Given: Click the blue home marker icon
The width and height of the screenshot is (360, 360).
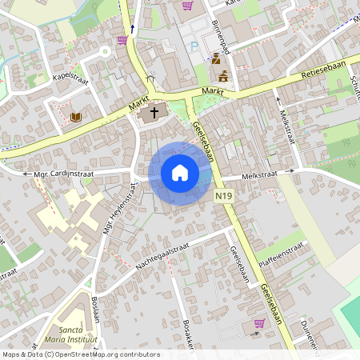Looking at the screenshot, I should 180,173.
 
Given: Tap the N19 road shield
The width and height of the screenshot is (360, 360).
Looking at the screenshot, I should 225,194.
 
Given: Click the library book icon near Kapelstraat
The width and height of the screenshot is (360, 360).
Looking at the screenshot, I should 76,117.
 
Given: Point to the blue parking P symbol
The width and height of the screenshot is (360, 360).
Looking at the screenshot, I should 194,46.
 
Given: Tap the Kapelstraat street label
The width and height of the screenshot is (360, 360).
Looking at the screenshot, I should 70,81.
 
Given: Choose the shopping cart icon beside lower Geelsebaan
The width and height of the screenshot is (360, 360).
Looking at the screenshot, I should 259,323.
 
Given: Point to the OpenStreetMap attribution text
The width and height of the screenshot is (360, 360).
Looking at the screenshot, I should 82,354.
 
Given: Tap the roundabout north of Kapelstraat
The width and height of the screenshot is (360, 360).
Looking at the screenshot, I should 103,51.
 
